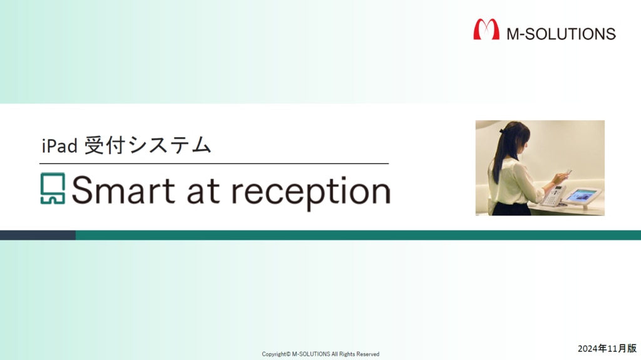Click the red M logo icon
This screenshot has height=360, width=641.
point(486,29)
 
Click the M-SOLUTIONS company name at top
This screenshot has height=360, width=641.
point(561,34)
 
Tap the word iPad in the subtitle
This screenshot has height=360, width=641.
point(59,146)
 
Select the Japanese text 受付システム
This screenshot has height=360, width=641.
point(148,145)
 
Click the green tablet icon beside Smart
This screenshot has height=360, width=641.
point(53,188)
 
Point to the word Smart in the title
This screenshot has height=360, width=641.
point(123,190)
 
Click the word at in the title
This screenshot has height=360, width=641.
point(204,192)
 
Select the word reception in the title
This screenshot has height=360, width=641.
point(311,193)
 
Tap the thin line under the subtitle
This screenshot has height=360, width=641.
point(214,163)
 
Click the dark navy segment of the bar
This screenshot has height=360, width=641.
point(38,235)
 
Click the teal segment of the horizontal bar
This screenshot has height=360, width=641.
point(358,235)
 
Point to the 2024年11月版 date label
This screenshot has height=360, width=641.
point(607,349)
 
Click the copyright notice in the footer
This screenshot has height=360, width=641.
point(320,354)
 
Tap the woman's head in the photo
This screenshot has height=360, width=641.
point(516,138)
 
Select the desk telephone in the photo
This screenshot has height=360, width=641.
point(553,196)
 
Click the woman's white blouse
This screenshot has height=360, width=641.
point(515,180)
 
